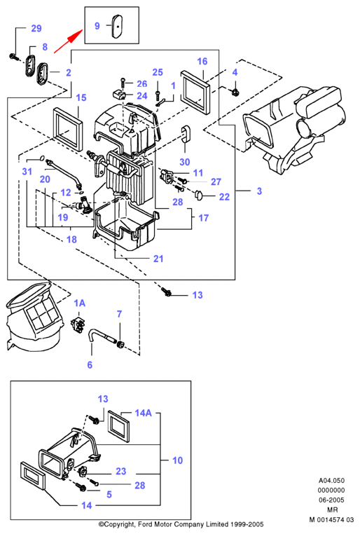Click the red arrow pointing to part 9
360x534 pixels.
(68, 41)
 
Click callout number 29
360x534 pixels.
(36, 28)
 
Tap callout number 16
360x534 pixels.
(202, 61)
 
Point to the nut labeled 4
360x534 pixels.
(235, 91)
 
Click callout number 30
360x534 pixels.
(185, 162)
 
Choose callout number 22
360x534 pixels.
(224, 197)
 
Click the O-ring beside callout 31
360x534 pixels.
(41, 158)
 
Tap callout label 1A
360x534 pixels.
(80, 303)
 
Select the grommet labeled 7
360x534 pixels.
(120, 344)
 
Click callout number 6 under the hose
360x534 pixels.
(90, 364)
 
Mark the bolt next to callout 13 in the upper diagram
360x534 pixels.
(167, 292)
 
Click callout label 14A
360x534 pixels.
(144, 413)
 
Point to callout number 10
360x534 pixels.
(178, 460)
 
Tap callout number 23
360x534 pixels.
(121, 471)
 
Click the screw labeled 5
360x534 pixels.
(81, 488)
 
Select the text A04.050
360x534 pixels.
(331, 481)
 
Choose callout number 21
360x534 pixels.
(158, 259)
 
